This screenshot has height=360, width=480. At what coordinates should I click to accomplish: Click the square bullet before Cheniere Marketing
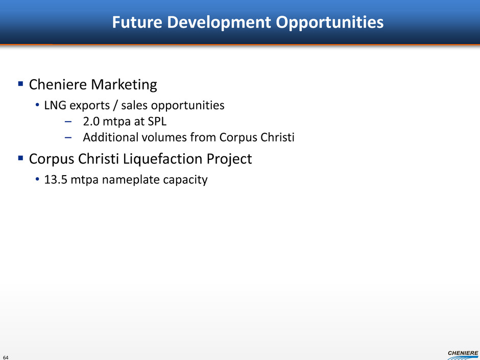point(21,84)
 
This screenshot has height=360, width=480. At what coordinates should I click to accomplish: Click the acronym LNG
point(55,105)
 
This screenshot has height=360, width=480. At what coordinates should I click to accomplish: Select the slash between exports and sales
point(115,106)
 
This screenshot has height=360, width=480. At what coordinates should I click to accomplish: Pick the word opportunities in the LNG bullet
point(188,106)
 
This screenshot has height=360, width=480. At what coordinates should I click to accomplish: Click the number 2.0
point(91,122)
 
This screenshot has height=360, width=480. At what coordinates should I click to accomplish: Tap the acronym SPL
point(157,122)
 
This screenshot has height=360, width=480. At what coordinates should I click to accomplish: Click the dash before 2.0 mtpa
point(68,122)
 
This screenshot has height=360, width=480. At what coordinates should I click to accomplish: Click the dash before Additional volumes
point(68,138)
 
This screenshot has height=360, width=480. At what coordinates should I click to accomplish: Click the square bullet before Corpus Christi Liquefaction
point(21,158)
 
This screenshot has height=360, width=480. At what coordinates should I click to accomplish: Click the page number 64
point(6,357)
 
